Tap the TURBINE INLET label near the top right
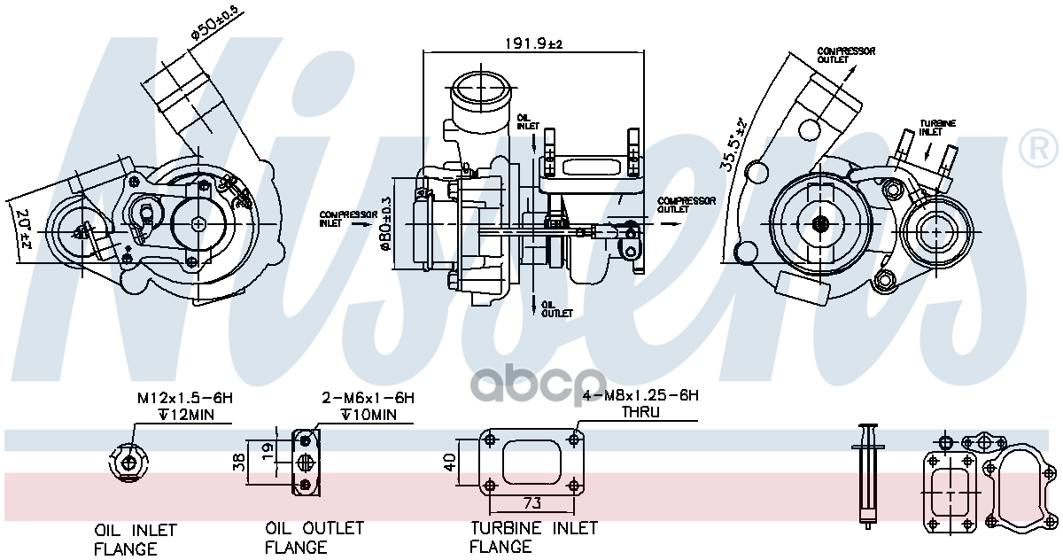pos(936,128)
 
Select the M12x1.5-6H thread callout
pos(184,399)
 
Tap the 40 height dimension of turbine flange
pos(449,462)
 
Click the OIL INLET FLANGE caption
pos(136,540)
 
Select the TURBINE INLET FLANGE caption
pos(533,537)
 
